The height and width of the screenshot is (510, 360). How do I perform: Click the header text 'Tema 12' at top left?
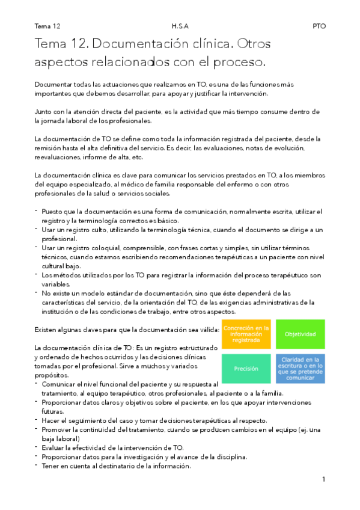click(x=47, y=26)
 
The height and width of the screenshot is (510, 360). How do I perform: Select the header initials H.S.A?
click(x=180, y=26)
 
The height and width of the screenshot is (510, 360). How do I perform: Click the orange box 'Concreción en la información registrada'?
click(x=246, y=334)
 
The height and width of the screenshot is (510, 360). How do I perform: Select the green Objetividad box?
click(x=300, y=334)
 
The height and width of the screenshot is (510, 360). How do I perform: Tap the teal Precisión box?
click(x=246, y=369)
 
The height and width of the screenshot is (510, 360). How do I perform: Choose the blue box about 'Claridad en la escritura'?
click(x=300, y=369)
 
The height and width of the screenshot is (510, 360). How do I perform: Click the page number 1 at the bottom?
click(x=323, y=479)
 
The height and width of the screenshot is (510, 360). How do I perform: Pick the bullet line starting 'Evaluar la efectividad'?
click(x=112, y=447)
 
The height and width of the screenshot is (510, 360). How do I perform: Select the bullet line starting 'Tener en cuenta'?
click(x=116, y=465)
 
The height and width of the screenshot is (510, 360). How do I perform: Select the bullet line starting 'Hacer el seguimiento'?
click(x=154, y=420)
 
